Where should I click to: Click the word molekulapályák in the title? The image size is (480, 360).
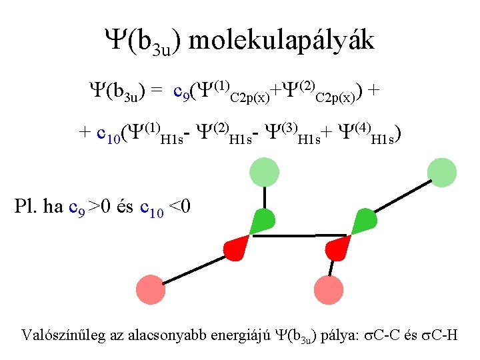[282, 41]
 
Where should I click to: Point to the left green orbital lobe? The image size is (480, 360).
[262, 222]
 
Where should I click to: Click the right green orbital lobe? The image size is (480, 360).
[363, 221]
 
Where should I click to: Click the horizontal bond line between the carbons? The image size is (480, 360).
[300, 235]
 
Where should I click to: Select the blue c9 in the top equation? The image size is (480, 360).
[182, 91]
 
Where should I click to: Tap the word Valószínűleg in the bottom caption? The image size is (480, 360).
[59, 334]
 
